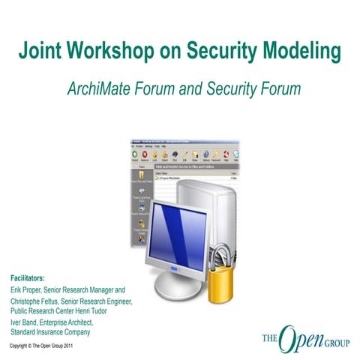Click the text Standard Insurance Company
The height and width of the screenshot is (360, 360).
point(50,331)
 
